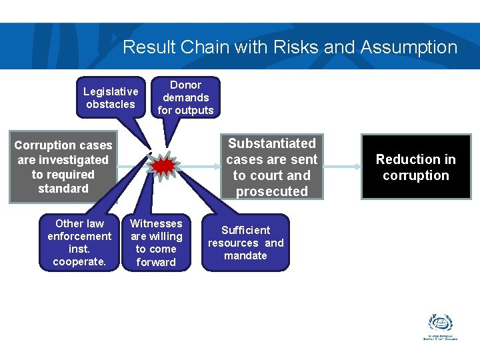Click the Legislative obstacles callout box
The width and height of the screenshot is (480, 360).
coord(111,98)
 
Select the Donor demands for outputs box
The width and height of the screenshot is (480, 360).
coord(185,97)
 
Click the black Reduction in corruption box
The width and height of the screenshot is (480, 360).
coord(416,167)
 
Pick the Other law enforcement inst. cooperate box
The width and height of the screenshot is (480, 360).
coord(79,243)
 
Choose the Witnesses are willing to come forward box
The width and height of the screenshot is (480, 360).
coord(156,243)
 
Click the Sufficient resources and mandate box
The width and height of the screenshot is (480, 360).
coord(245,243)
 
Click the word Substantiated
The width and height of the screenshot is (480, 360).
coord(272,143)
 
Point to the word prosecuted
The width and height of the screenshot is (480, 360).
coord(272,191)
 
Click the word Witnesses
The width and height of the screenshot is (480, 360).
coord(156,223)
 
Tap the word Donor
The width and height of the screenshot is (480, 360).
coord(185,85)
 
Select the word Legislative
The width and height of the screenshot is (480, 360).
coord(111,91)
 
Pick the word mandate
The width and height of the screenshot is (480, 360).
coord(245,255)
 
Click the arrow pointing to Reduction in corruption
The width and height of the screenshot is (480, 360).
coord(340,167)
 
